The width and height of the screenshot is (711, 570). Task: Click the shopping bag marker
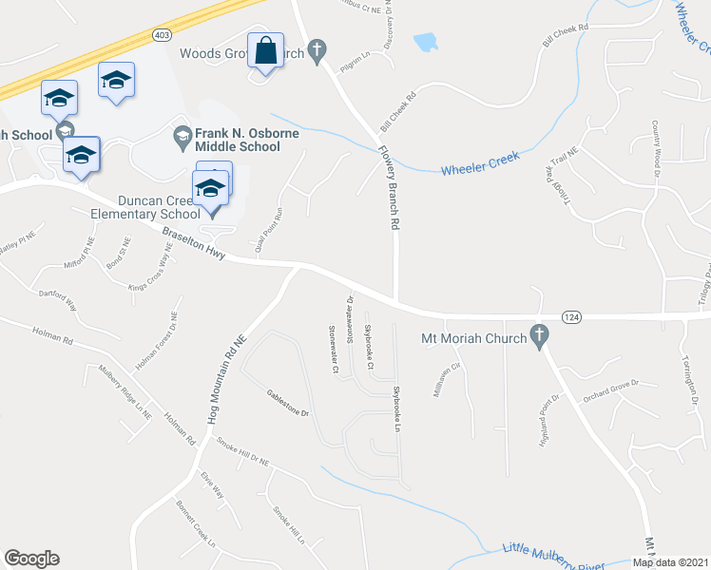tap(265, 50)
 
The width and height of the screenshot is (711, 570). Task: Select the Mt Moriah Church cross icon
tap(539, 336)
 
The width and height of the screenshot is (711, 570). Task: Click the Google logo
tap(31, 559)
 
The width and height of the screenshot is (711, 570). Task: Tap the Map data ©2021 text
tap(669, 562)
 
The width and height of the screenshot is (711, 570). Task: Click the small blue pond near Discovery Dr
tap(425, 42)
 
